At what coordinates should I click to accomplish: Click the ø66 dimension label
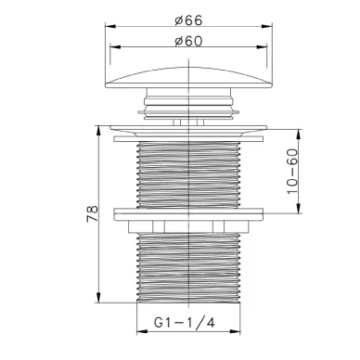coord(188,20)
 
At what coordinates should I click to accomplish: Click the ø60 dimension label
coord(188,41)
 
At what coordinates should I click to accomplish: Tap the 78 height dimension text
coord(93,213)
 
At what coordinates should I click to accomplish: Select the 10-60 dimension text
coord(292,171)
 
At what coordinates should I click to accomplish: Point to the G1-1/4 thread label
coord(185,323)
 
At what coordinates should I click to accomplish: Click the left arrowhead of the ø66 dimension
coord(110,27)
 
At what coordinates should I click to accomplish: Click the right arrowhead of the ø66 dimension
coord(267,27)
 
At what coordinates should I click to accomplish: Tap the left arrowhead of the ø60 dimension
coord(115,47)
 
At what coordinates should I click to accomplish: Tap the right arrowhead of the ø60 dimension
coord(262,47)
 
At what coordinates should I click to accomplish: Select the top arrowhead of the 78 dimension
coord(98,131)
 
